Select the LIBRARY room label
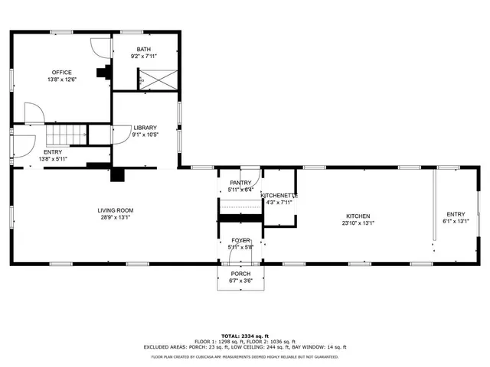(145, 128)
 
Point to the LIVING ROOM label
(115, 210)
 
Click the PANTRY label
(240, 182)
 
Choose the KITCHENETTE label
(279, 196)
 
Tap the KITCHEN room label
(358, 216)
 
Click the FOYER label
(240, 240)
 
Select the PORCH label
(240, 273)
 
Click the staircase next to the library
(67, 135)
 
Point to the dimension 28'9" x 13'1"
(115, 217)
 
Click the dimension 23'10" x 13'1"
(358, 223)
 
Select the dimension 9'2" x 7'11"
(143, 55)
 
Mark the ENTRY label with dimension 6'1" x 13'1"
(456, 214)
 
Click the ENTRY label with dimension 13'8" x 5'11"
(53, 152)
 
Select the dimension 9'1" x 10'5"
(145, 135)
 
